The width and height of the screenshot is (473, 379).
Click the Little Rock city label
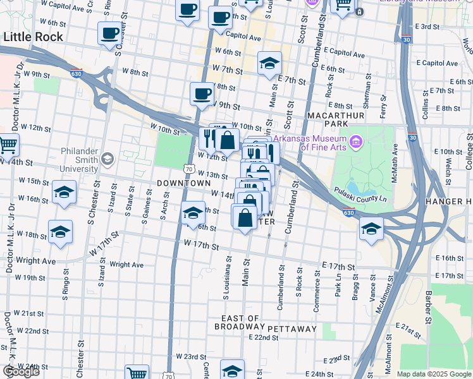tap(34, 37)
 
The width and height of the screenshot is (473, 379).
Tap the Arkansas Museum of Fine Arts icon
tap(355, 143)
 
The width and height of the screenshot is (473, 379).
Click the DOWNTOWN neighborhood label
tap(183, 183)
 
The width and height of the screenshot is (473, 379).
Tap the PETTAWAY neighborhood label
tap(292, 329)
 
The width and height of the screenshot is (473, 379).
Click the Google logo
tap(21, 371)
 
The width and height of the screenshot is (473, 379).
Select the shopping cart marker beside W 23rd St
tap(137, 373)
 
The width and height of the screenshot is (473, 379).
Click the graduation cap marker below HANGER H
tap(371, 229)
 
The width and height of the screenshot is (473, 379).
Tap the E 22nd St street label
tap(264, 338)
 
